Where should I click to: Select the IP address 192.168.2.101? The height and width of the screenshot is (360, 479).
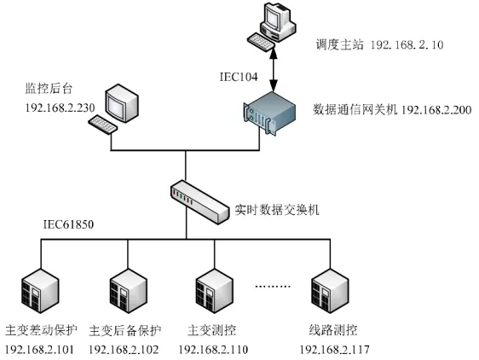[40, 350]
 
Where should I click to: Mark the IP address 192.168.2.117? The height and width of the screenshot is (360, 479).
[334, 350]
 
